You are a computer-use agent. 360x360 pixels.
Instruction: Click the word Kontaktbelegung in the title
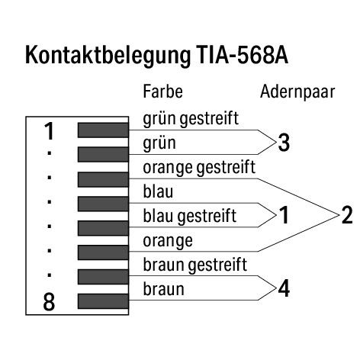(108, 56)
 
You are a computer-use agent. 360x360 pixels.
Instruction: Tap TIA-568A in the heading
(242, 55)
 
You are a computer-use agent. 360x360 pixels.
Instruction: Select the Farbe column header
(162, 92)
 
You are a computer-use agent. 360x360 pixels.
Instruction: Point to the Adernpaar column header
(297, 92)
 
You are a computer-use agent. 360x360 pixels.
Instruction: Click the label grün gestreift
(191, 119)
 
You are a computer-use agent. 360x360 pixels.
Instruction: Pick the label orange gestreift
(199, 168)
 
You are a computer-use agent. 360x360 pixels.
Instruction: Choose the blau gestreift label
(190, 217)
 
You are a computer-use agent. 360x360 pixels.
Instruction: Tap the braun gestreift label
(195, 265)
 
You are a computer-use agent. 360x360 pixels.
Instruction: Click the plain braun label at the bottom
(163, 289)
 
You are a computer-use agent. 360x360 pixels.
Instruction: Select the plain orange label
(168, 241)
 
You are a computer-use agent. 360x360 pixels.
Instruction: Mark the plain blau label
(158, 191)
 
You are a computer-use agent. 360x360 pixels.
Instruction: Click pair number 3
(284, 143)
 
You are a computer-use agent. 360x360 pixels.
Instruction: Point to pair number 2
(347, 215)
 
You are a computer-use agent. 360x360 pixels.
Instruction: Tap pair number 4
(284, 288)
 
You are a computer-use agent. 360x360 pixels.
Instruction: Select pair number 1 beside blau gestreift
(284, 215)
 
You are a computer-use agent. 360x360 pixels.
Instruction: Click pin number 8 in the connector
(49, 302)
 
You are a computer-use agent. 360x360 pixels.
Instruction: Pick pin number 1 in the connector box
(49, 131)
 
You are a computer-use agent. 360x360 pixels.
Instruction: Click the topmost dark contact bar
(103, 130)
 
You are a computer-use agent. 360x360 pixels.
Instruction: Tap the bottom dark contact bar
(103, 301)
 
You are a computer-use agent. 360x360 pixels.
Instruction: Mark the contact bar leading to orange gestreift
(103, 179)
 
